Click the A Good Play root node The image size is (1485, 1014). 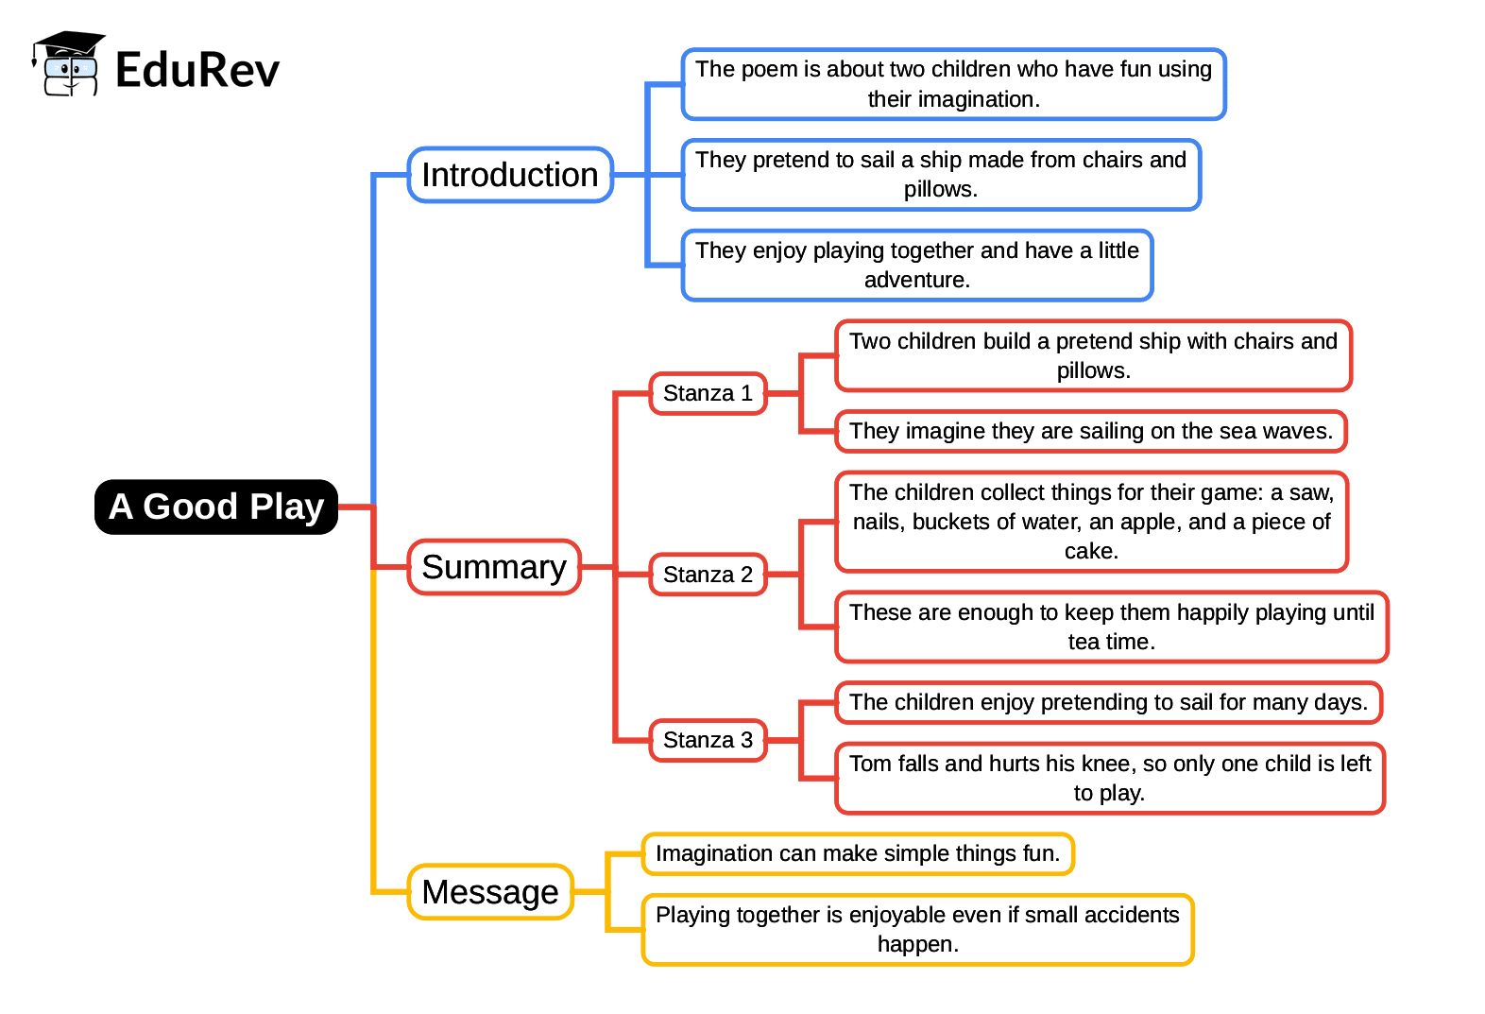pyautogui.click(x=216, y=507)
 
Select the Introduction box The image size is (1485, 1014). pyautogui.click(x=510, y=175)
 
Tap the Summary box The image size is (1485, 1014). pyautogui.click(x=494, y=567)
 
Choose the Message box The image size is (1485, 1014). pyautogui.click(x=490, y=891)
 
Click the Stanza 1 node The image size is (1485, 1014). pyautogui.click(x=708, y=393)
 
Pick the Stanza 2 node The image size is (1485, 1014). pyautogui.click(x=708, y=575)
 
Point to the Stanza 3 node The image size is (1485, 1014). pyautogui.click(x=708, y=740)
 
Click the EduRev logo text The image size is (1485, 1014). pyautogui.click(x=197, y=70)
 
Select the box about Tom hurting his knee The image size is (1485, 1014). pyautogui.click(x=1110, y=778)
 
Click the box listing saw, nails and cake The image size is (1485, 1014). pyautogui.click(x=1091, y=522)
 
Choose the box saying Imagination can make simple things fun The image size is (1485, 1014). pyautogui.click(x=858, y=853)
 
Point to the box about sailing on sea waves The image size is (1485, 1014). pyautogui.click(x=1091, y=431)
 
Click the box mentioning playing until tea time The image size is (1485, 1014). pyautogui.click(x=1112, y=627)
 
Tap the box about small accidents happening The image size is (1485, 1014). pyautogui.click(x=917, y=929)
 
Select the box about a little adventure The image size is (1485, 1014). pyautogui.click(x=917, y=265)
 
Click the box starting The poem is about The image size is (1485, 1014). pyautogui.click(x=953, y=84)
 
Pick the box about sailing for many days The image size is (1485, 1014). pyautogui.click(x=1108, y=702)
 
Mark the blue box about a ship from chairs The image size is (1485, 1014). pyautogui.click(x=941, y=175)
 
